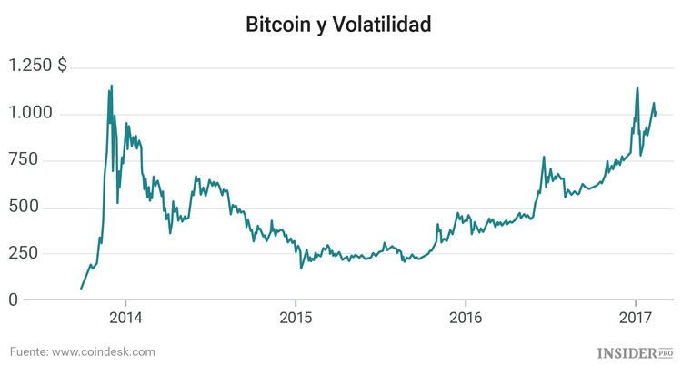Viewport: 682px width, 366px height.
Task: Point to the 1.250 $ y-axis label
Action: [37, 66]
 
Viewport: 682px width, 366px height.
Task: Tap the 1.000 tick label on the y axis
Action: [31, 114]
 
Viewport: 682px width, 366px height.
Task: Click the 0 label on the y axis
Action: [13, 300]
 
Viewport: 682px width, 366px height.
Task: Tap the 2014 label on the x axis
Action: [125, 319]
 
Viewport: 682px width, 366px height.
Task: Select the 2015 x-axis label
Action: [295, 319]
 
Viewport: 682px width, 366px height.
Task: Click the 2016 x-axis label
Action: [465, 319]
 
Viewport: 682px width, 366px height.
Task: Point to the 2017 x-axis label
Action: [635, 319]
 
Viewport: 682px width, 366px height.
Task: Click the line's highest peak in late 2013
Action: [112, 86]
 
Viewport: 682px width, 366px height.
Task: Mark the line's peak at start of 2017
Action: [637, 88]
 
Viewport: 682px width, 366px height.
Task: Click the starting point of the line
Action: [81, 289]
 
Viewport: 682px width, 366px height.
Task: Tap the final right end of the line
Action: [656, 115]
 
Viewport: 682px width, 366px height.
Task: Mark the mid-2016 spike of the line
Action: [544, 158]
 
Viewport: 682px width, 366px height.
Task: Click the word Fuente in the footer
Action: [28, 351]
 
